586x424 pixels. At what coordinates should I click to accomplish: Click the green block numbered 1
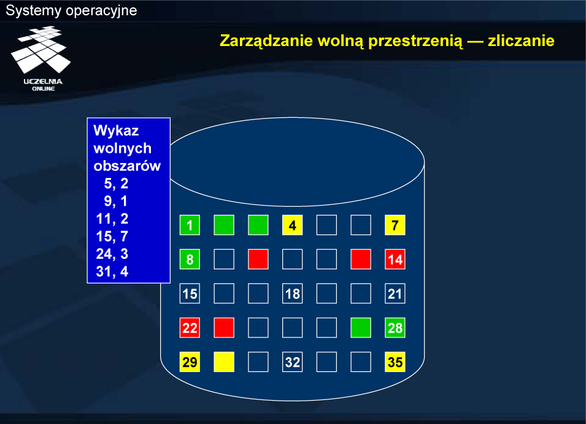(190, 225)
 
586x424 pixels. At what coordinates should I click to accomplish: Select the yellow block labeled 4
(292, 225)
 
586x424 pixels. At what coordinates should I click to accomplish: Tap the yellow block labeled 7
(395, 225)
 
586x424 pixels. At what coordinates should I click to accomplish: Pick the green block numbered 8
(190, 260)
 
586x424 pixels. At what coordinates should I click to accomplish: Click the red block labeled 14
(395, 260)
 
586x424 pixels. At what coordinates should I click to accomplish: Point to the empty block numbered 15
(190, 294)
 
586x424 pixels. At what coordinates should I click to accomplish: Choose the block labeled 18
(292, 294)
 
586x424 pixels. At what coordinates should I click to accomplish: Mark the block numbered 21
(395, 294)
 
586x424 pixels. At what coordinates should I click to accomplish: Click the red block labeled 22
(190, 328)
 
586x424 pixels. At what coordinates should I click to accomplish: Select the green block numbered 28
(395, 328)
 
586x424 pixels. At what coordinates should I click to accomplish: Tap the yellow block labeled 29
(190, 362)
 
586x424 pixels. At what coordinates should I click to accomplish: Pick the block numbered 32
(292, 362)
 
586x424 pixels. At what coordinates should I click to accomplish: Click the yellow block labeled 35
(395, 362)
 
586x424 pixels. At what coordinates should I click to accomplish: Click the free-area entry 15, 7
(112, 236)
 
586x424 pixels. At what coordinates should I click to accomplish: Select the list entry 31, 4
(112, 271)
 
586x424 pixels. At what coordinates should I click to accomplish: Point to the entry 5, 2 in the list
(116, 183)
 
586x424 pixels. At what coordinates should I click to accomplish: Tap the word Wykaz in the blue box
(116, 130)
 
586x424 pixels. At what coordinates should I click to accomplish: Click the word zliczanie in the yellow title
(521, 40)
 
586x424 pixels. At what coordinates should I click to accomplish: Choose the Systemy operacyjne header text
(71, 10)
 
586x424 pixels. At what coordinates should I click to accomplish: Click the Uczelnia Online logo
(42, 58)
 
